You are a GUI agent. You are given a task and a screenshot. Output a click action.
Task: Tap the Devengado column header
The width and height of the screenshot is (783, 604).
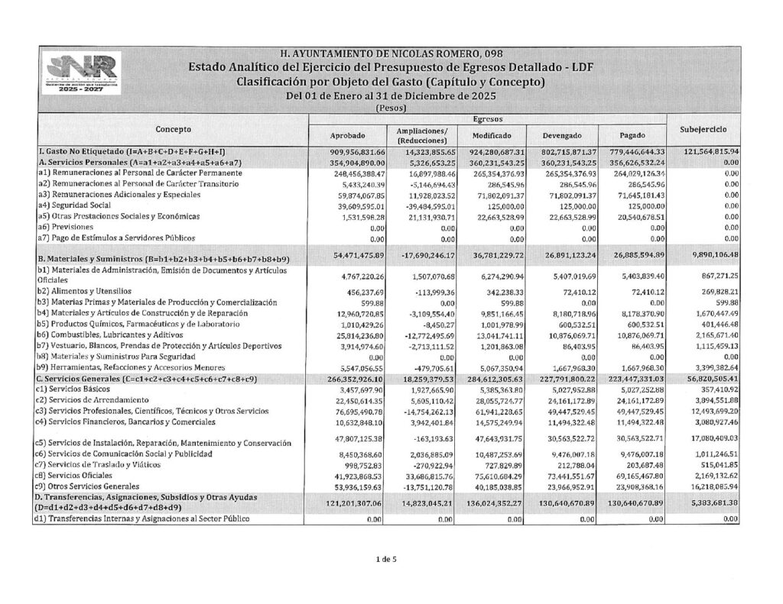coord(564,135)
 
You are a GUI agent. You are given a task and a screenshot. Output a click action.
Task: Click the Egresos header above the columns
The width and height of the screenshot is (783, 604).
coord(487,120)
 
